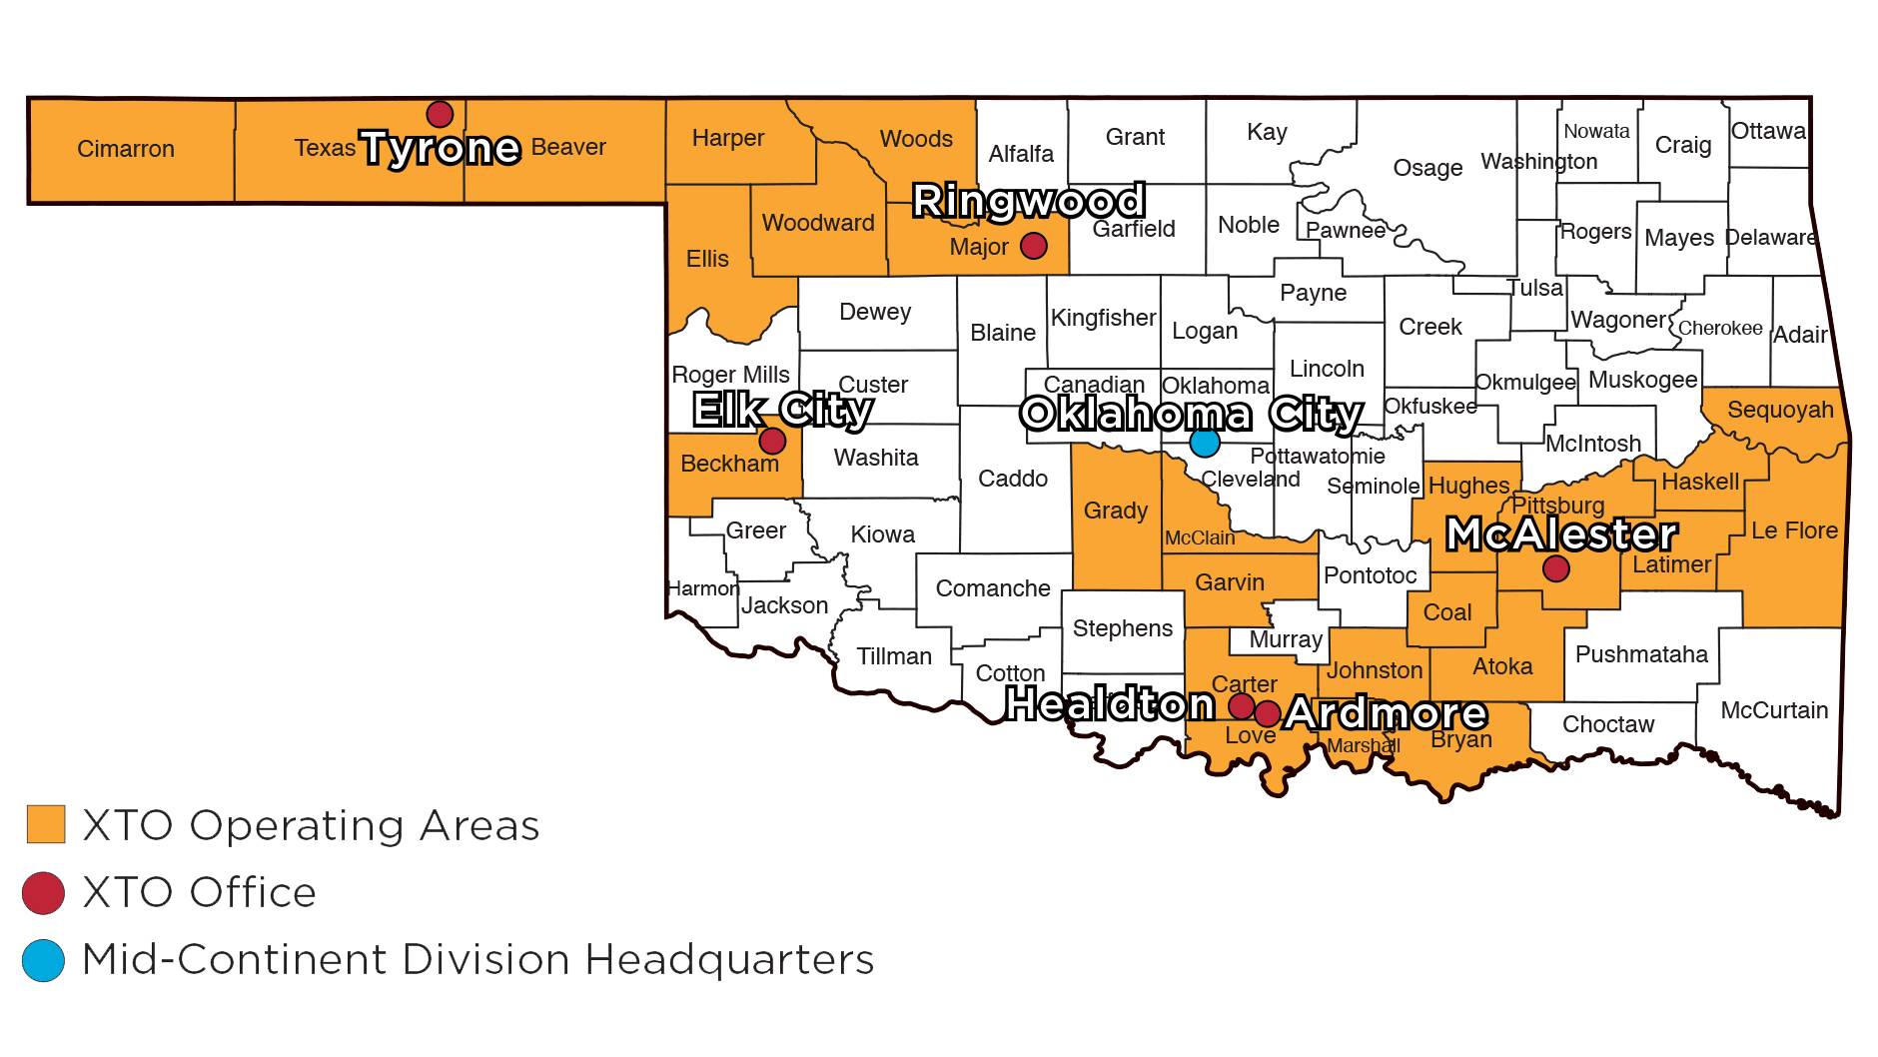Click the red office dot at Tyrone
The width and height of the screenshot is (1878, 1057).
(x=440, y=114)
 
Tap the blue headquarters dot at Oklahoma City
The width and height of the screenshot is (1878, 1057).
(x=1205, y=442)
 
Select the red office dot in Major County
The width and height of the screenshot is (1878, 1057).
(x=1033, y=245)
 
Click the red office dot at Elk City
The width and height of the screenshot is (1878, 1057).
(x=772, y=440)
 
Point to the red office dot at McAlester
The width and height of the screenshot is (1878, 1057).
(x=1555, y=569)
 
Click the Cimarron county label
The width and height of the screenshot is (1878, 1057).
(x=126, y=149)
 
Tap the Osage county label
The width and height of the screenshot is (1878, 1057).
(x=1427, y=168)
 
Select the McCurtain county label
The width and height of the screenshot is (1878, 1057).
(x=1774, y=710)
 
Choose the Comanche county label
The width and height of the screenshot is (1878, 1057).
(x=993, y=588)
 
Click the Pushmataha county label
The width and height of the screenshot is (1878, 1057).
(x=1641, y=654)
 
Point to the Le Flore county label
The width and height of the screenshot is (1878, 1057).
(x=1794, y=530)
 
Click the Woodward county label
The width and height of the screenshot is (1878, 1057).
(x=818, y=223)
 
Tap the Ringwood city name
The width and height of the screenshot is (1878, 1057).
(x=1029, y=201)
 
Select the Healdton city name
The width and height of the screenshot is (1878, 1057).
(x=1109, y=704)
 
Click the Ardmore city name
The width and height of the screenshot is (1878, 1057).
(x=1386, y=713)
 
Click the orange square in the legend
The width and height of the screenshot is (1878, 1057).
(x=45, y=824)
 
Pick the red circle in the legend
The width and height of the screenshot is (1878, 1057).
(x=43, y=892)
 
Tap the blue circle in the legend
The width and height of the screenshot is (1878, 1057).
(x=43, y=960)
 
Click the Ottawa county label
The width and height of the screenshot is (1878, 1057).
(x=1768, y=131)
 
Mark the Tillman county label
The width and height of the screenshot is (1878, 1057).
(x=894, y=656)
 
